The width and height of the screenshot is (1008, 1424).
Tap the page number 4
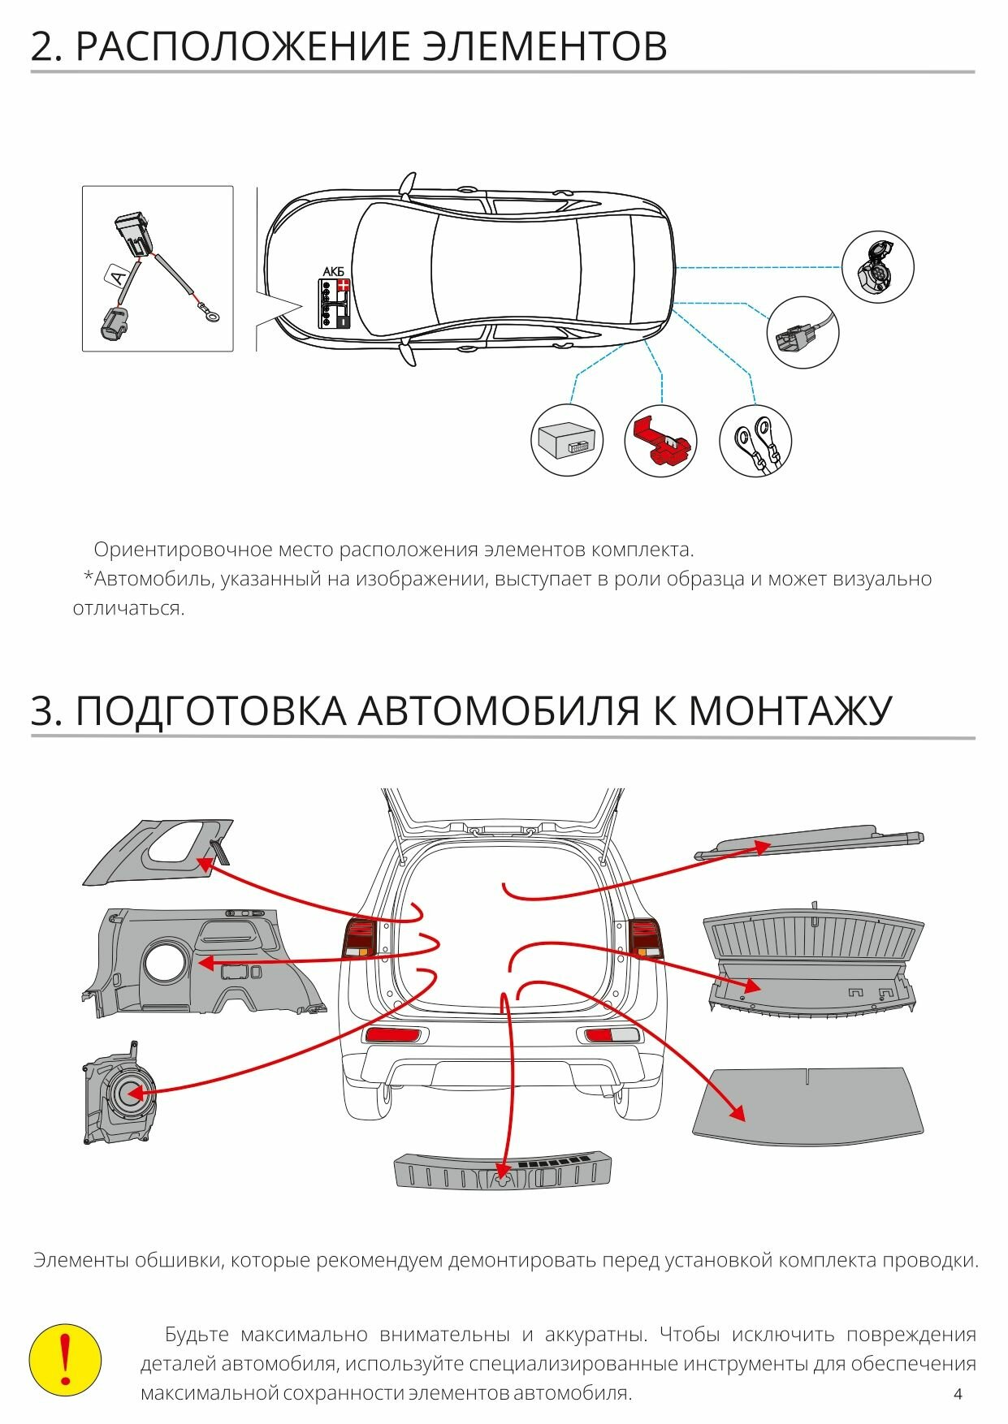958,1394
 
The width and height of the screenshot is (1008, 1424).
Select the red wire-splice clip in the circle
660,441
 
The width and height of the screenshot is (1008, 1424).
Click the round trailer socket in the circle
877,266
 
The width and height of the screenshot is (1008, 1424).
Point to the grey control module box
568,441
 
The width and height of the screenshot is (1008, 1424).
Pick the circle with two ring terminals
755,441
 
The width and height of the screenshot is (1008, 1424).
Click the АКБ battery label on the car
333,272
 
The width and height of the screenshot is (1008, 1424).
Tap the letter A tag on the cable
119,276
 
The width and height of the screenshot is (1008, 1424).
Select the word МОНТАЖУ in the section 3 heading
790,711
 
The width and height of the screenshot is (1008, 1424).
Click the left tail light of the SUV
360,937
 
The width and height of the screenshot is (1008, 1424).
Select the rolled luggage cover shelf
809,844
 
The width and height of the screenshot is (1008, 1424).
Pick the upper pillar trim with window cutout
158,852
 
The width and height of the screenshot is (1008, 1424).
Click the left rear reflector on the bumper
395,1034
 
